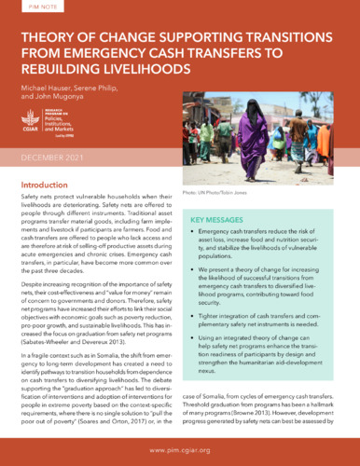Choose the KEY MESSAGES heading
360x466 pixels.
[x=221, y=220]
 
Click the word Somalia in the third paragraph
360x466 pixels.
[x=118, y=357]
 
